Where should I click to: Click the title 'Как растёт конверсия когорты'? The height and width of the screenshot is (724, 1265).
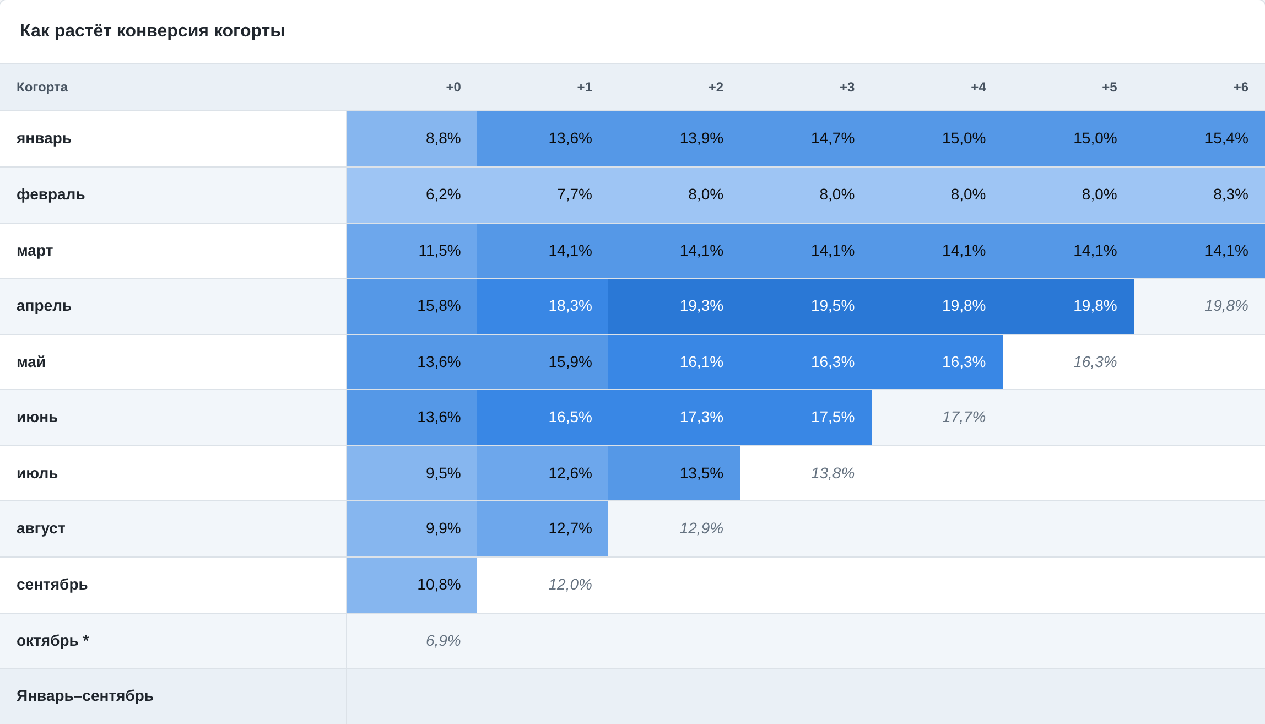152,31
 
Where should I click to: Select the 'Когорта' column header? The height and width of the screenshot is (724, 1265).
42,87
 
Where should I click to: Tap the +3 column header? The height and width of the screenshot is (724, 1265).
847,87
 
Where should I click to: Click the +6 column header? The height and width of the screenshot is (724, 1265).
1240,87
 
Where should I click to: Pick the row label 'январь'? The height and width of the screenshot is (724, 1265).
44,138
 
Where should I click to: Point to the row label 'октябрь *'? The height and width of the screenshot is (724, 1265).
53,640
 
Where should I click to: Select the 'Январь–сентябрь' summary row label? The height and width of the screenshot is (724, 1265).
85,696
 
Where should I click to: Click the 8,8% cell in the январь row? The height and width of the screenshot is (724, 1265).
412,139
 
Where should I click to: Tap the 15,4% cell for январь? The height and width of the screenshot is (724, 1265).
1199,139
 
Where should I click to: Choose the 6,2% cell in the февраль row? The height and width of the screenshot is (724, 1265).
412,195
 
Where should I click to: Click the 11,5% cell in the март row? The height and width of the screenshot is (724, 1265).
412,251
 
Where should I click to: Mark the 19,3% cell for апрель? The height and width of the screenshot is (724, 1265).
674,306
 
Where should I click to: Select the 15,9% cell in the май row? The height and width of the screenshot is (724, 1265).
543,362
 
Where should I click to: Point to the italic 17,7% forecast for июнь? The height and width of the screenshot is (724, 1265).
964,417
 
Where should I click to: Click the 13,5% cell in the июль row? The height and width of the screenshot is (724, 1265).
674,473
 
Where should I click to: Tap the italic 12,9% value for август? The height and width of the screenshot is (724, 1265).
701,528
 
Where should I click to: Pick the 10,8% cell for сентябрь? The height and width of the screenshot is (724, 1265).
412,585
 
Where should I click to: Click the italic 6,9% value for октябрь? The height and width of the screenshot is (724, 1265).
443,641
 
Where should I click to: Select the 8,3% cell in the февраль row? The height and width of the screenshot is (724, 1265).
1199,195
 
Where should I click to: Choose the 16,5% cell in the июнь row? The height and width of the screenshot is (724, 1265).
543,418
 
